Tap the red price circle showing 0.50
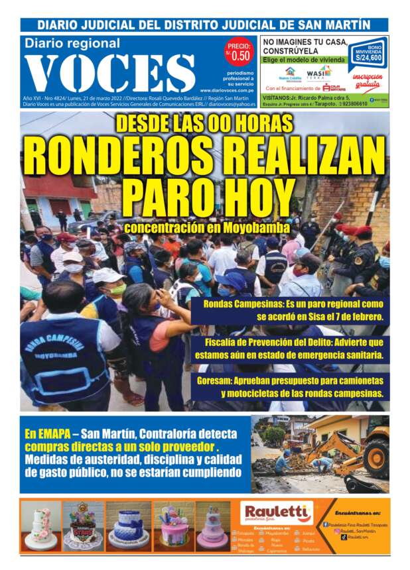(238, 53)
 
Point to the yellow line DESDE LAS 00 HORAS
(203, 124)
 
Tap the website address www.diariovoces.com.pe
(226, 90)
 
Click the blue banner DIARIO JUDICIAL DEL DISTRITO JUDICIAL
(204, 25)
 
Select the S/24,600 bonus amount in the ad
(367, 58)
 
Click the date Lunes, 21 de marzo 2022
(78, 97)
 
